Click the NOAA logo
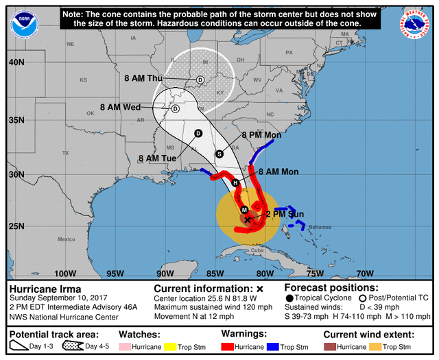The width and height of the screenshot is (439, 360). [x=24, y=24]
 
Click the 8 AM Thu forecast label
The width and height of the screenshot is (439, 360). [x=143, y=78]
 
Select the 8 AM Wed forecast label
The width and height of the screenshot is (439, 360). [x=120, y=107]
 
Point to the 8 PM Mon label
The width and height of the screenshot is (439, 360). [x=261, y=135]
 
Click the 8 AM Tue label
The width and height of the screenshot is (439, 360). [x=158, y=158]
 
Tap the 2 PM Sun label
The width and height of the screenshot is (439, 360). [x=285, y=214]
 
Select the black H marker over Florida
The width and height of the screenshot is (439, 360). [x=235, y=183]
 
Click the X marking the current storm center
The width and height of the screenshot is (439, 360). [x=247, y=219]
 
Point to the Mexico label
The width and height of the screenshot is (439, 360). [x=66, y=239]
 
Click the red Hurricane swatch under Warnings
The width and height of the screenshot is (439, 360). [x=229, y=346]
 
